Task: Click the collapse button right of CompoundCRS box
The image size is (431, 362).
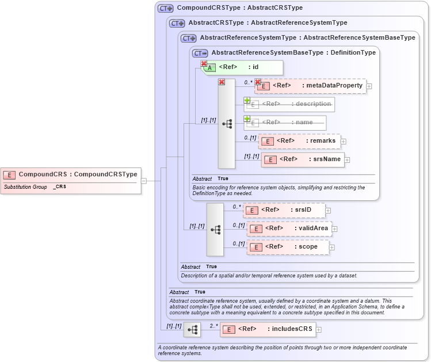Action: click(x=144, y=181)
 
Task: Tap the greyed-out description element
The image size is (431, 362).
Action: click(x=290, y=104)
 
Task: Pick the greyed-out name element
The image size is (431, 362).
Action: click(x=285, y=123)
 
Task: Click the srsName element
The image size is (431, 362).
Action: click(x=303, y=159)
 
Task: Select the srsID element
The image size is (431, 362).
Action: click(x=284, y=210)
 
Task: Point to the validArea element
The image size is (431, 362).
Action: click(x=289, y=228)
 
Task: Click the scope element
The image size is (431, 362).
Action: click(x=287, y=247)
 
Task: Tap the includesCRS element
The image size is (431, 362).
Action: click(x=268, y=330)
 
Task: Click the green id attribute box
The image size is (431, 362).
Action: click(x=242, y=67)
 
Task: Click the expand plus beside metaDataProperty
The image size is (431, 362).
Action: click(x=369, y=86)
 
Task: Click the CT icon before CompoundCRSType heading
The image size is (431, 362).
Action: click(x=166, y=9)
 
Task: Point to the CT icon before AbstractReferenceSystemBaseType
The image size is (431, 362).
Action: click(x=200, y=53)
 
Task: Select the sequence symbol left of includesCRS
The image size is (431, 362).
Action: click(x=192, y=330)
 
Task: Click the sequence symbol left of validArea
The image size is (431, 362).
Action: click(x=215, y=229)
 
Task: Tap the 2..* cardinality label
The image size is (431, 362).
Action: click(x=214, y=326)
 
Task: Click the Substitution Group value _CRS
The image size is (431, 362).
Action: click(x=60, y=188)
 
